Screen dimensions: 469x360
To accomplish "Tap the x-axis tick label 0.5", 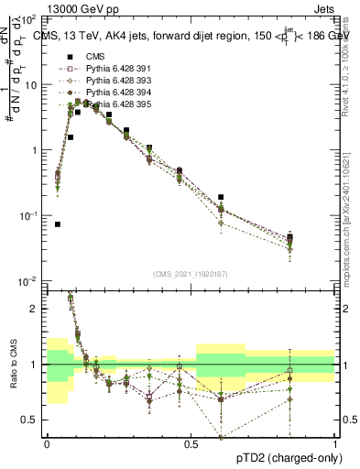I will pyautogui.click(x=191, y=442).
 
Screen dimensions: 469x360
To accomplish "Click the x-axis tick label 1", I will pyautogui.click(x=335, y=442).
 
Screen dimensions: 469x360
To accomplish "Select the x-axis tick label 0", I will pyautogui.click(x=47, y=442).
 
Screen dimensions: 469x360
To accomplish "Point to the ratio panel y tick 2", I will pyautogui.click(x=36, y=309).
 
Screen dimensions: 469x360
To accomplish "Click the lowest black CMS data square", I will pyautogui.click(x=58, y=224).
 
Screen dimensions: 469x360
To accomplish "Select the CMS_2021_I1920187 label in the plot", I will pyautogui.click(x=190, y=272).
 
